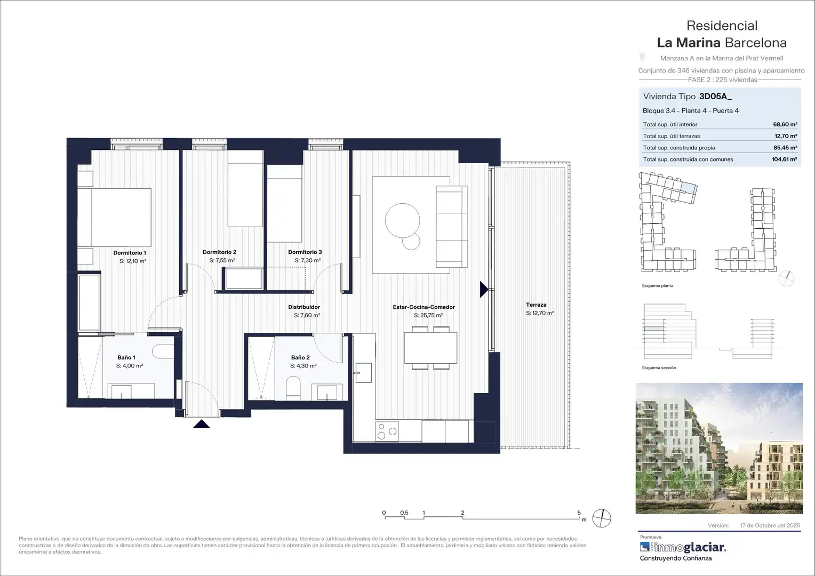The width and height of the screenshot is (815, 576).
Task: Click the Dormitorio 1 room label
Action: (x=130, y=252)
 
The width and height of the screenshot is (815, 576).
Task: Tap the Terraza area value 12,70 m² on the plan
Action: (x=540, y=313)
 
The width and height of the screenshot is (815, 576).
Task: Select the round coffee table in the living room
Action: (x=402, y=220)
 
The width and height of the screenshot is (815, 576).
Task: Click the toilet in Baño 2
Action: (x=293, y=388)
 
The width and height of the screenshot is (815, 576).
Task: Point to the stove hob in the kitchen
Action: (x=387, y=431)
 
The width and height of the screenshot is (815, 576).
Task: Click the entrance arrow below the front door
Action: (x=202, y=424)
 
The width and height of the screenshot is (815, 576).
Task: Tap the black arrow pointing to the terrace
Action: (x=484, y=290)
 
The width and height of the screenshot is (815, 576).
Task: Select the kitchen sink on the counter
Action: (x=363, y=373)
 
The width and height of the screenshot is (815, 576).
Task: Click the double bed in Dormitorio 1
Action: (x=114, y=217)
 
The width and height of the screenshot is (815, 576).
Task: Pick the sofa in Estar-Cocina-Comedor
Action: (x=452, y=226)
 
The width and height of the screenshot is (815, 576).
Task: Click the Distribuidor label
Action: (x=304, y=307)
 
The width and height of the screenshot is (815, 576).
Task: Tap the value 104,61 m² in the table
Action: (x=785, y=159)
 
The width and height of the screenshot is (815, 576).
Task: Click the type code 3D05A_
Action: (x=715, y=97)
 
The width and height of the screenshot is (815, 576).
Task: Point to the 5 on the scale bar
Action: (x=579, y=513)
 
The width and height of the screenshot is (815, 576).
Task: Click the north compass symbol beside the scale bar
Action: (x=602, y=518)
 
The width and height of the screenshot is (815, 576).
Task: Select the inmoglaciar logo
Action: (x=683, y=547)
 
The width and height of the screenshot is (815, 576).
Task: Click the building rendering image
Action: (x=719, y=449)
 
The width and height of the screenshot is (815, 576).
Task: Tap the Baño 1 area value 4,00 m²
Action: (x=130, y=366)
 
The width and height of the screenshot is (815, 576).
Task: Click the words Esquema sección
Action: (x=659, y=368)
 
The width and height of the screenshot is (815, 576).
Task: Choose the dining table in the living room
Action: (x=431, y=348)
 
